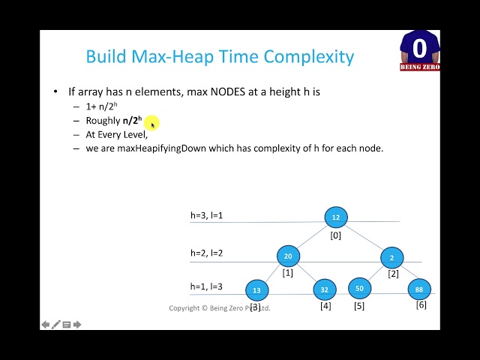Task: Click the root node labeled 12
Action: coord(336,217)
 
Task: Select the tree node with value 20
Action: coord(288,256)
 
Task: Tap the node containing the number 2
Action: coord(391,257)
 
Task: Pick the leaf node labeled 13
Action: coord(257,290)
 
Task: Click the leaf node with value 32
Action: coord(324,289)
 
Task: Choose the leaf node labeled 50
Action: coord(359,288)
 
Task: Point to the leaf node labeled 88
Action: coord(419,289)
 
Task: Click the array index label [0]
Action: coord(336,235)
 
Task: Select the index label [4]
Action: coord(325,306)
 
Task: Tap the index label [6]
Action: coord(421,304)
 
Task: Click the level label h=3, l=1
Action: coord(206,216)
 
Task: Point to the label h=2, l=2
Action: coord(206,253)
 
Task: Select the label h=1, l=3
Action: coord(206,286)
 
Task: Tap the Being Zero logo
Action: coord(419,51)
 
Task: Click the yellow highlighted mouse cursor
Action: coord(151,123)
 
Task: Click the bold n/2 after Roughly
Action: coord(131,121)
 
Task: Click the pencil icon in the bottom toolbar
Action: coord(56,325)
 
